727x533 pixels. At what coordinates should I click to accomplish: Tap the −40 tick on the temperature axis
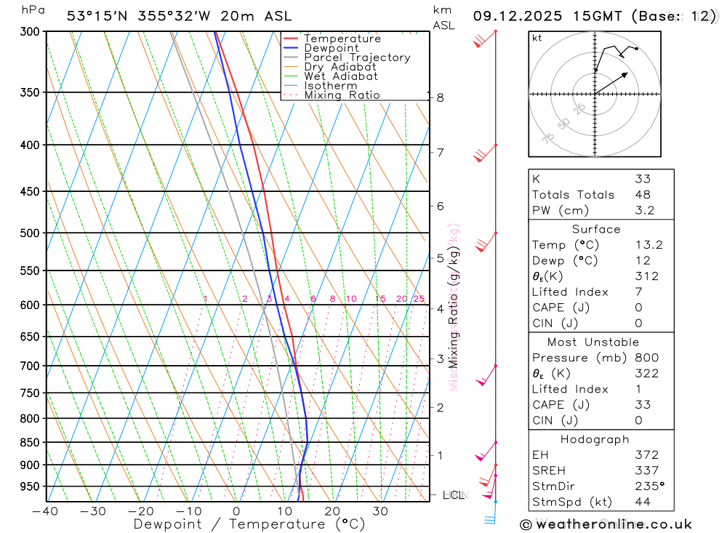click(45, 511)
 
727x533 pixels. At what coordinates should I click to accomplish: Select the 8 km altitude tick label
click(440, 97)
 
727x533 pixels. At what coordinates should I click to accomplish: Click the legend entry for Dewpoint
click(331, 48)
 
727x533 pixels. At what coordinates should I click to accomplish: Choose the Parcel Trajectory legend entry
click(357, 57)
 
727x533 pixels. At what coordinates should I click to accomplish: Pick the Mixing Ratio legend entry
click(342, 95)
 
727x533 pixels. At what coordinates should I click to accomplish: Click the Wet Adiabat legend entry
click(341, 76)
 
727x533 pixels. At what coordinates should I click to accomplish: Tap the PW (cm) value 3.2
click(645, 211)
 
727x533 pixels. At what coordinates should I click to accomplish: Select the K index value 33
click(643, 179)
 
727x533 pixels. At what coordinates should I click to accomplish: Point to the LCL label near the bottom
click(453, 495)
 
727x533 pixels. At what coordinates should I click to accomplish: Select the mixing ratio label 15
click(380, 299)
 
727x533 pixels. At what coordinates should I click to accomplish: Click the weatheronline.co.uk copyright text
click(606, 524)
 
